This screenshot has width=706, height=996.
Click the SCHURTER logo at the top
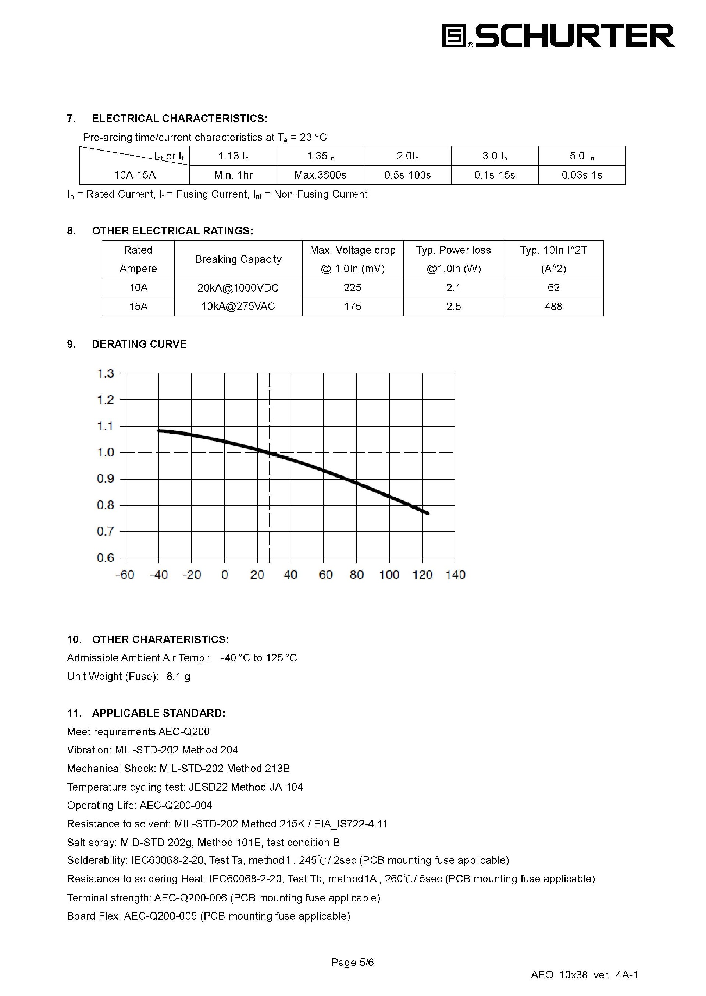[558, 36]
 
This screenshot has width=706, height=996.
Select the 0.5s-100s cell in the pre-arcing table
[407, 175]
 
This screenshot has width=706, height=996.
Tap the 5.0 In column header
[582, 156]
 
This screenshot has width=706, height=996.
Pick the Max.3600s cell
[320, 175]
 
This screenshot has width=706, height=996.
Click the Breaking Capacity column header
[238, 259]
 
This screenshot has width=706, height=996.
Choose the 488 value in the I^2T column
[553, 306]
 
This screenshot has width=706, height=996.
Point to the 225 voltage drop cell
[352, 287]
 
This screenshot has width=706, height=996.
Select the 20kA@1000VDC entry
[238, 287]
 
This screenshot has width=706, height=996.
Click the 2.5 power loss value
[453, 306]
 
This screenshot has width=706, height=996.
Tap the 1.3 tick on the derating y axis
[105, 373]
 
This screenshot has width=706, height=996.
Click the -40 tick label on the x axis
[159, 575]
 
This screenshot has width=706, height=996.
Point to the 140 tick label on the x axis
[455, 575]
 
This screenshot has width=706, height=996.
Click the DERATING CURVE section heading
[139, 344]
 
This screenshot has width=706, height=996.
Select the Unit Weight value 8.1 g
[178, 676]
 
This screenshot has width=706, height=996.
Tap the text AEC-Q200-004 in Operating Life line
[176, 805]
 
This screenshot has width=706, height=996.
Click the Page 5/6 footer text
[353, 962]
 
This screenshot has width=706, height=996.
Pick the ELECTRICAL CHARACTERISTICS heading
[179, 119]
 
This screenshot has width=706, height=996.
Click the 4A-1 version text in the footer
[627, 975]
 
